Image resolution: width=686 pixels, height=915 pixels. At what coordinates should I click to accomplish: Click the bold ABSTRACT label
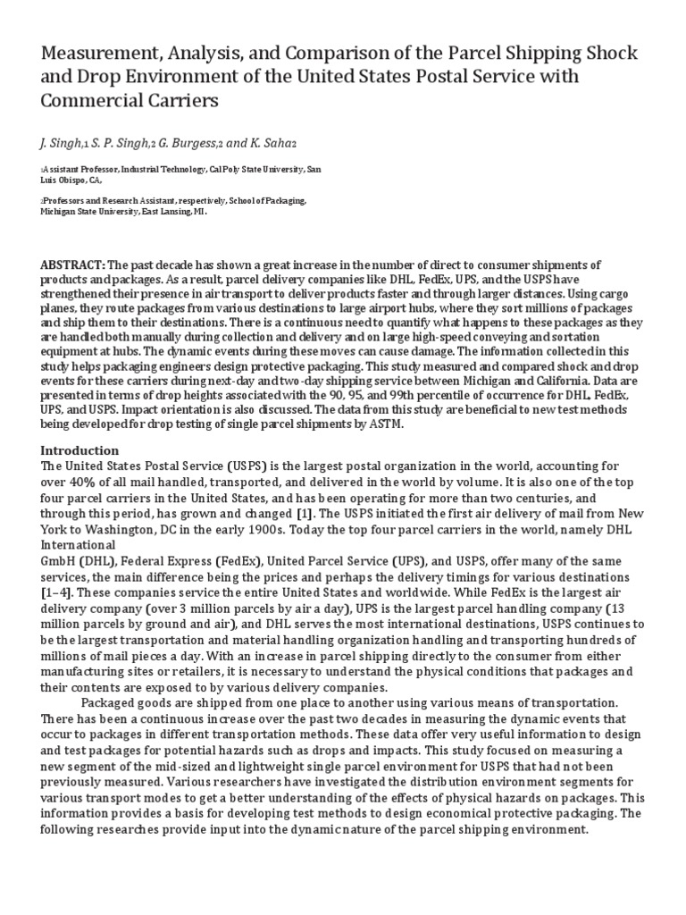click(74, 265)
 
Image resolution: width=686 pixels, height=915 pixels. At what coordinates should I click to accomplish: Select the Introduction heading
click(79, 450)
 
